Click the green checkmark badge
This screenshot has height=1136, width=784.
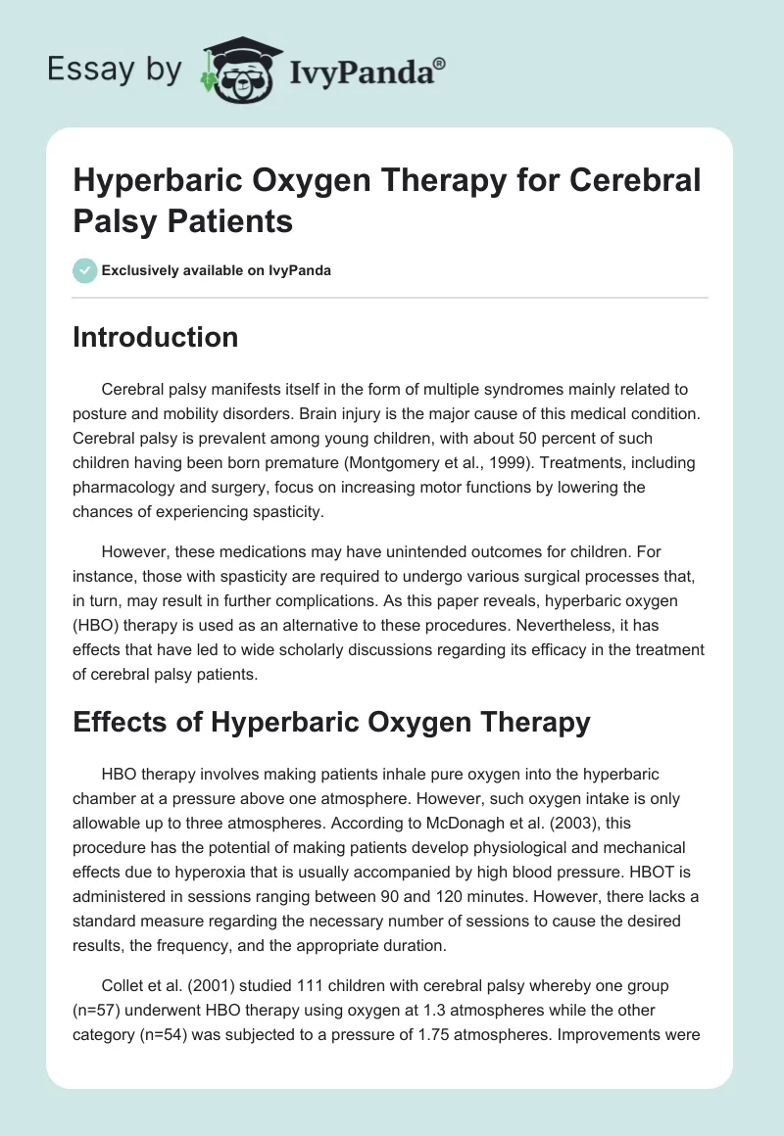click(85, 270)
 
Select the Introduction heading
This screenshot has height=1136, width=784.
click(156, 338)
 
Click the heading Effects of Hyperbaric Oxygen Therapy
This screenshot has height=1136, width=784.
click(332, 722)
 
